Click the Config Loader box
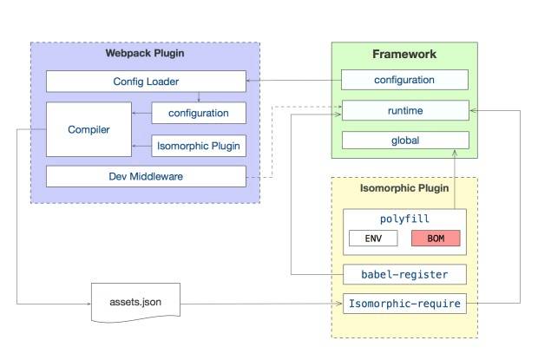tap(146, 82)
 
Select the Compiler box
tap(89, 129)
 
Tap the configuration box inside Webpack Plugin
tap(199, 113)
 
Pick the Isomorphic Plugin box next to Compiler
tap(199, 146)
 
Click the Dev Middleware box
tap(146, 176)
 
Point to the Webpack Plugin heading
tap(145, 53)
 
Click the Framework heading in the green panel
tap(404, 54)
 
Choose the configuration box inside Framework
tap(404, 80)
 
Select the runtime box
tap(405, 110)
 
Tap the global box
tap(405, 141)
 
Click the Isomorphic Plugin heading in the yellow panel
tap(404, 188)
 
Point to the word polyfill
tap(404, 219)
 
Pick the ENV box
tap(373, 239)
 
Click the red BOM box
tap(436, 239)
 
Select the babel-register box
tap(404, 274)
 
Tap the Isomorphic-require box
tap(404, 304)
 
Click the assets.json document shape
tap(135, 303)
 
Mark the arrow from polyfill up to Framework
tap(455, 180)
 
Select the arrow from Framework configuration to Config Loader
tap(293, 81)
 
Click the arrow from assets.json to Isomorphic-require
tap(261, 304)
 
